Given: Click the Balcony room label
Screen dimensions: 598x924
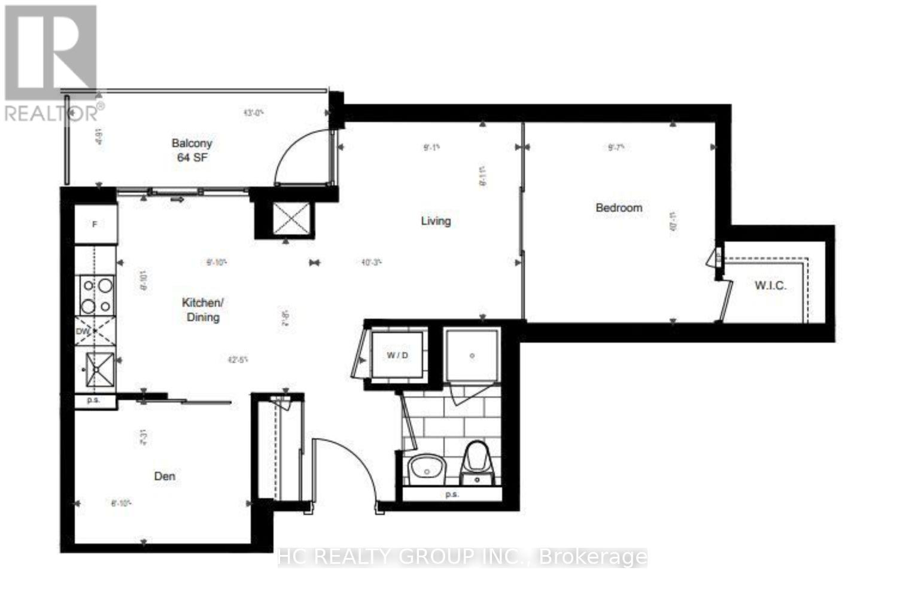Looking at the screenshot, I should pos(192,144).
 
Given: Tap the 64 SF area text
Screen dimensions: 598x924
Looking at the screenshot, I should pos(192,158).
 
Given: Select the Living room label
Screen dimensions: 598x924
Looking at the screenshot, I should pos(436,221).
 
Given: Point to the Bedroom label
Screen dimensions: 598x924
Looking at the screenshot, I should pos(619,208).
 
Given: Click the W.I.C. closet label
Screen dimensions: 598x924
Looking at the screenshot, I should pos(770,285).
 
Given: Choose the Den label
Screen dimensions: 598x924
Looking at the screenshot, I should pos(165,476).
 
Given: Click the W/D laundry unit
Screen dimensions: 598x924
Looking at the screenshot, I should pos(397,355).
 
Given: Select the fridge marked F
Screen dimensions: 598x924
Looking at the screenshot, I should pos(95,224).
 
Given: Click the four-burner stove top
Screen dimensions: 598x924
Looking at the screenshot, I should pos(96,295).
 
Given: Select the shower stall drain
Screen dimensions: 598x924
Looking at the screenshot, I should pos(472,356).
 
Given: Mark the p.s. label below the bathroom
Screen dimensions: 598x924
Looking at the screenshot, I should pos(452,495).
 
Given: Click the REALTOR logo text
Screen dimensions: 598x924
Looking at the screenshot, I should pos(54,112).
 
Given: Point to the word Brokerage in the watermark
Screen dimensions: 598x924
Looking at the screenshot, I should pos(593,557).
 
